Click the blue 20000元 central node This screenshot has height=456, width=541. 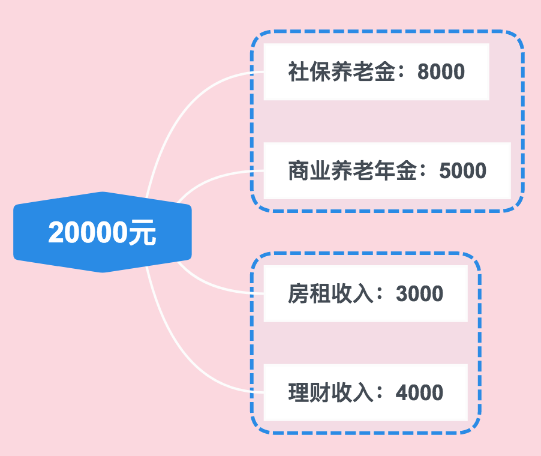(x=102, y=232)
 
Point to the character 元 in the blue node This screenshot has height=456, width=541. (x=143, y=233)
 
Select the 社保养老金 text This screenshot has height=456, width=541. (x=341, y=73)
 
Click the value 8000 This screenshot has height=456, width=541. (x=441, y=73)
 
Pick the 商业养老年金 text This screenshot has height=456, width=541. (x=351, y=172)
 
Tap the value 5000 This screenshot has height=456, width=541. (x=462, y=172)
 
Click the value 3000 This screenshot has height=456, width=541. (x=419, y=294)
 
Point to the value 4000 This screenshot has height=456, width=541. (x=419, y=393)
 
